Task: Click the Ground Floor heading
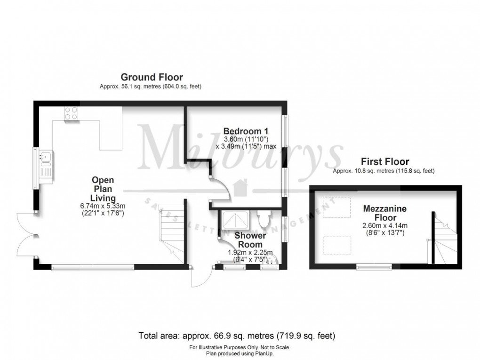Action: click(152, 77)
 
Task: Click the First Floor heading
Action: click(384, 161)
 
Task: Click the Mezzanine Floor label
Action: click(384, 213)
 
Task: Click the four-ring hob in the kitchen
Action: click(71, 113)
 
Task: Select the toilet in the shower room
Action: click(264, 218)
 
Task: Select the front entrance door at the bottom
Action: click(199, 277)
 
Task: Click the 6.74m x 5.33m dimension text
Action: click(103, 206)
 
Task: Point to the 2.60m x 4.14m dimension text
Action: click(384, 225)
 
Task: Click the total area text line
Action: click(237, 336)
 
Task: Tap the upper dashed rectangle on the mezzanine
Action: click(337, 208)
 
